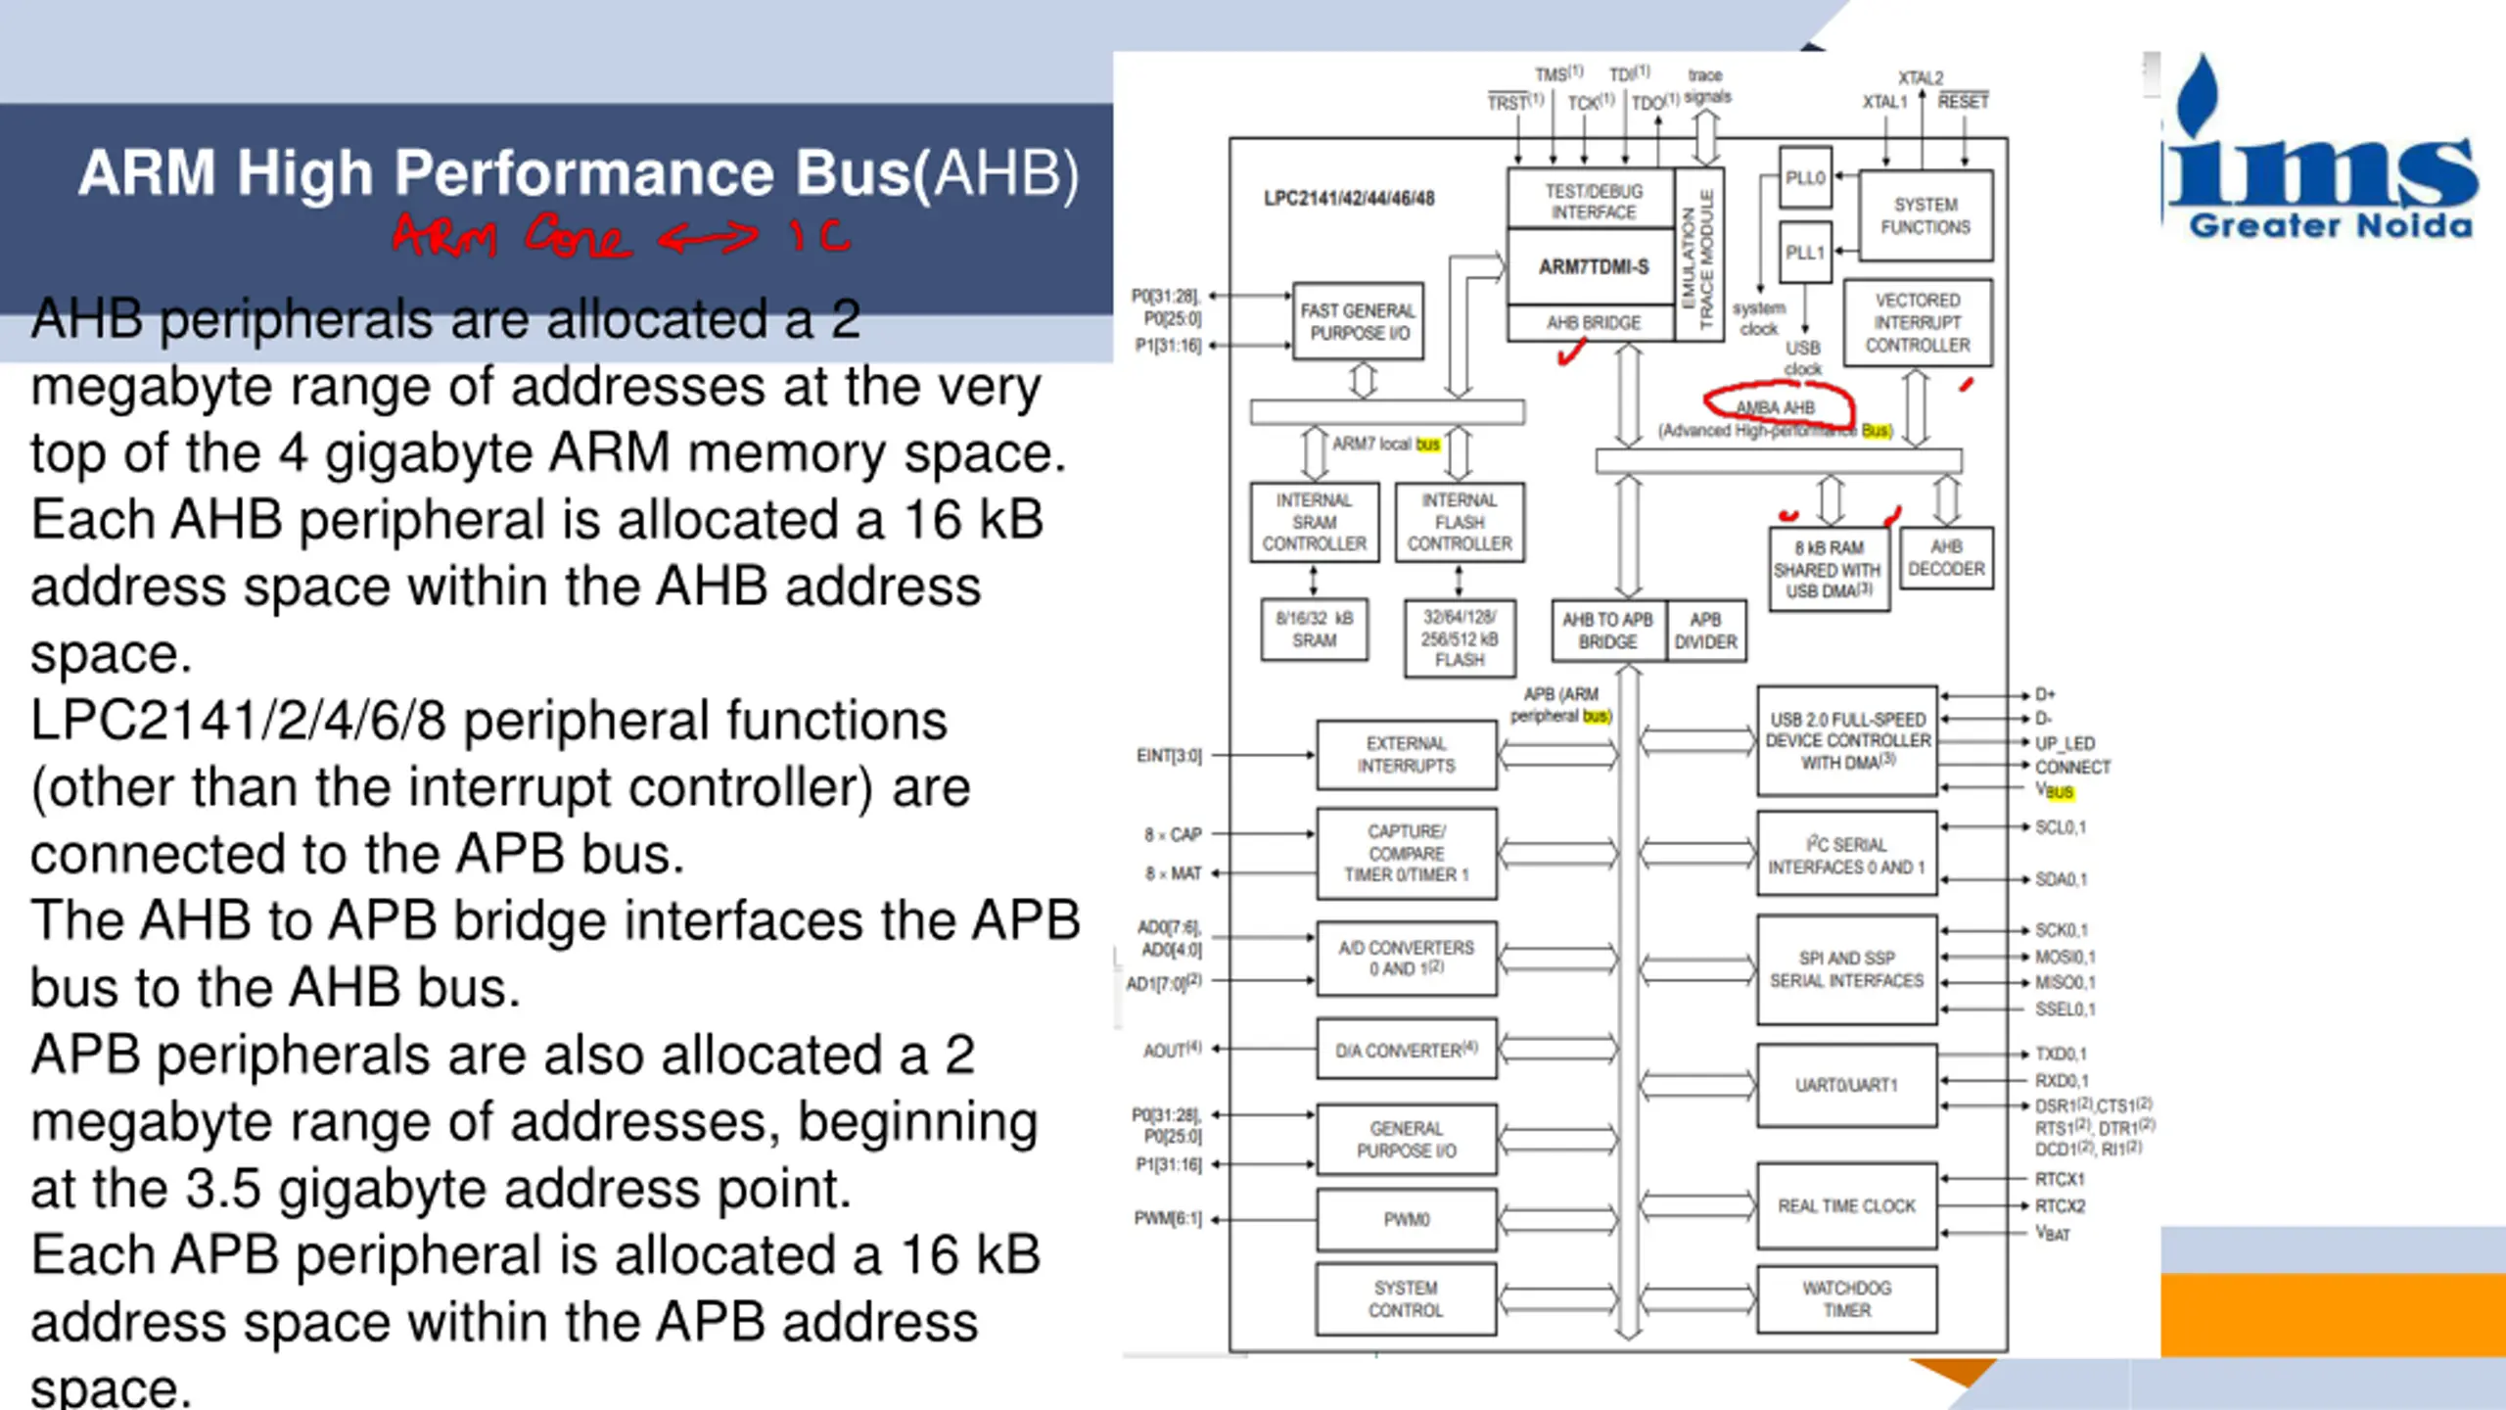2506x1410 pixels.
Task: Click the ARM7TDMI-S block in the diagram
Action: [x=1593, y=266]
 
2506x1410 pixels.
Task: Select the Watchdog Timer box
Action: [x=1846, y=1299]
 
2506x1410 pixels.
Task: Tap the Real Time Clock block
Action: [x=1846, y=1206]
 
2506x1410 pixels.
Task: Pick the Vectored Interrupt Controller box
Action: [x=1917, y=323]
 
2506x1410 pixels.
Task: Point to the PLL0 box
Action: [x=1805, y=178]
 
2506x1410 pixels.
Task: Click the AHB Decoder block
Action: [x=1946, y=558]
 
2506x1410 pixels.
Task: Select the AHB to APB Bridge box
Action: [x=1607, y=631]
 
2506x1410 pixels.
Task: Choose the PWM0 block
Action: [x=1406, y=1219]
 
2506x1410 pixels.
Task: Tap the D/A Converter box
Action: [x=1406, y=1050]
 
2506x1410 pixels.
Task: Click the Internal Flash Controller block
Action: [x=1459, y=522]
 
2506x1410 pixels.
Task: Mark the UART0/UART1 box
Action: [x=1846, y=1085]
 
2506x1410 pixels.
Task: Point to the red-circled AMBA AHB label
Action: [x=1776, y=407]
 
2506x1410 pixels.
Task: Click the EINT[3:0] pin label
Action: [x=1169, y=756]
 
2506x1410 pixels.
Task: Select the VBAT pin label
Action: [x=2053, y=1233]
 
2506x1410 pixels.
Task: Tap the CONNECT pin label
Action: [x=2072, y=767]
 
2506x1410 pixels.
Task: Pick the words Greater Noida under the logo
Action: [x=2330, y=226]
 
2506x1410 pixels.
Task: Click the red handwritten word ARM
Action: [x=446, y=237]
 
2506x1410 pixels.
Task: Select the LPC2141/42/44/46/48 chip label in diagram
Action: [x=1349, y=199]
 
